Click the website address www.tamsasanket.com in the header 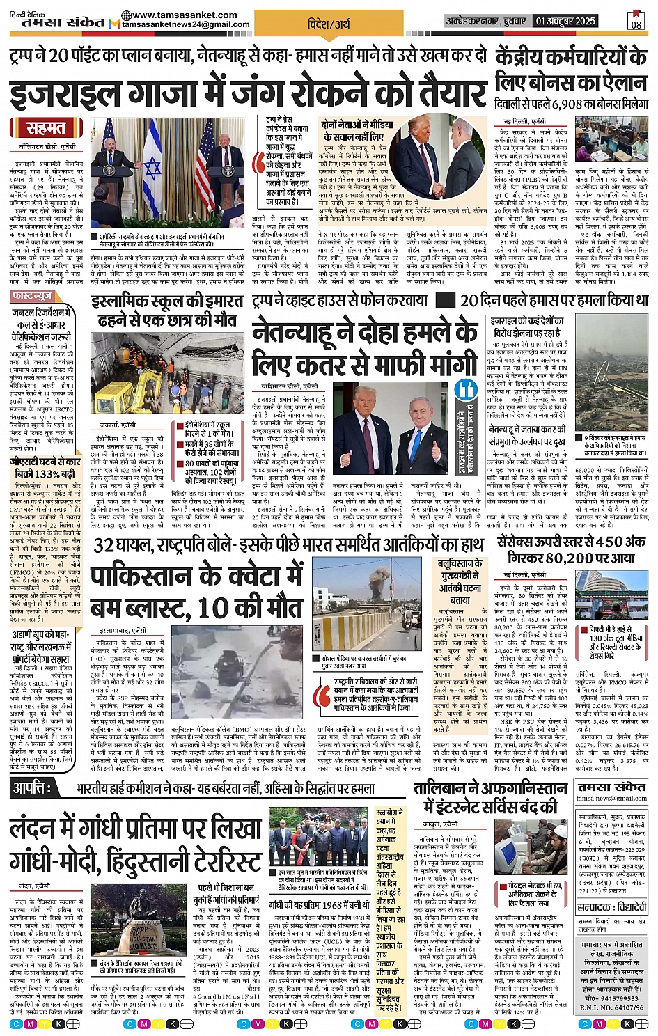pyautogui.click(x=184, y=15)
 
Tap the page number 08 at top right pyautogui.click(x=636, y=22)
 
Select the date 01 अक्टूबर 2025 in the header pyautogui.click(x=565, y=22)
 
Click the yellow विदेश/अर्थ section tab pyautogui.click(x=329, y=24)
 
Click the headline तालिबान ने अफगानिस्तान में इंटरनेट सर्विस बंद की pyautogui.click(x=490, y=797)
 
